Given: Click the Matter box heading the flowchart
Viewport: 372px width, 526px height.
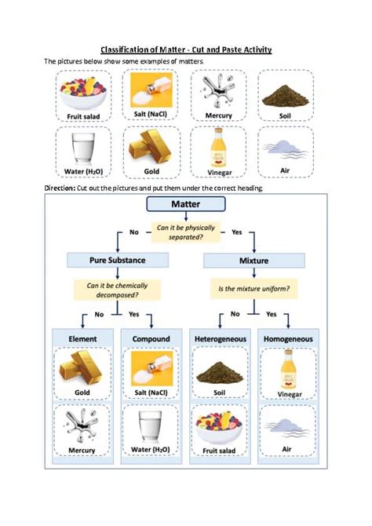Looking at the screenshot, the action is (186, 204).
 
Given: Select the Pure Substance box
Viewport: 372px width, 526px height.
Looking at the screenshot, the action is (118, 261).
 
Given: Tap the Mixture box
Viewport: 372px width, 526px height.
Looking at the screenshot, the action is (254, 261).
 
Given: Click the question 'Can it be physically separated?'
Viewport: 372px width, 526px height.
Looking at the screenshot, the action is (186, 232).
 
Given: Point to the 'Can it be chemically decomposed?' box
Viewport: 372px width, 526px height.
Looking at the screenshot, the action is (117, 290).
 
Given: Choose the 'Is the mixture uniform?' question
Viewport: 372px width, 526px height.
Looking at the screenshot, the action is (254, 289).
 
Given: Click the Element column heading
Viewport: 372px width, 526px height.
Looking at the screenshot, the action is (82, 339).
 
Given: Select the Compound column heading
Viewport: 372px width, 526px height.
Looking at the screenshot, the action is (151, 339).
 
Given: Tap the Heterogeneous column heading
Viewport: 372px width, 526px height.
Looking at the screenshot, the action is (221, 339).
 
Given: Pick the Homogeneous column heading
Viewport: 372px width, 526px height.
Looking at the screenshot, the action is (288, 339).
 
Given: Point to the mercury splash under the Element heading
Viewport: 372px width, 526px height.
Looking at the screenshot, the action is (82, 425).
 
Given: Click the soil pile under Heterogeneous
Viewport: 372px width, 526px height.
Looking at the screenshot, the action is (220, 372).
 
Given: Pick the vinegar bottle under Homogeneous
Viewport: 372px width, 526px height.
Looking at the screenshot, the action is (289, 369).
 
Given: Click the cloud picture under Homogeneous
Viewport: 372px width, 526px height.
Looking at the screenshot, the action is (286, 428).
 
